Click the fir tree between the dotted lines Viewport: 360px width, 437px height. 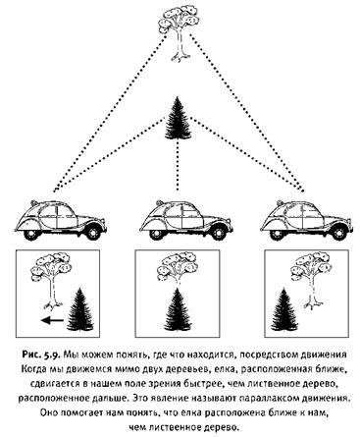tap(179, 119)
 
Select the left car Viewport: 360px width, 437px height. tap(60, 219)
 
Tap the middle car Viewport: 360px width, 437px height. tap(186, 219)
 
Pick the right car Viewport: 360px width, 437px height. tap(306, 219)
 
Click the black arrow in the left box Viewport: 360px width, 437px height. tap(53, 320)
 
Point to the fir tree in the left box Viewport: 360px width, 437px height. tap(80, 309)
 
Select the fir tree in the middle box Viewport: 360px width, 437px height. tap(178, 310)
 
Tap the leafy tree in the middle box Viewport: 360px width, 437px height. tap(177, 268)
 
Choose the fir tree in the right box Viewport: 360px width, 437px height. tap(284, 309)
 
